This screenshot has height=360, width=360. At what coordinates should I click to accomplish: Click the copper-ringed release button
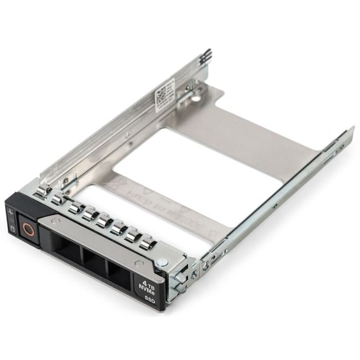27,228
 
